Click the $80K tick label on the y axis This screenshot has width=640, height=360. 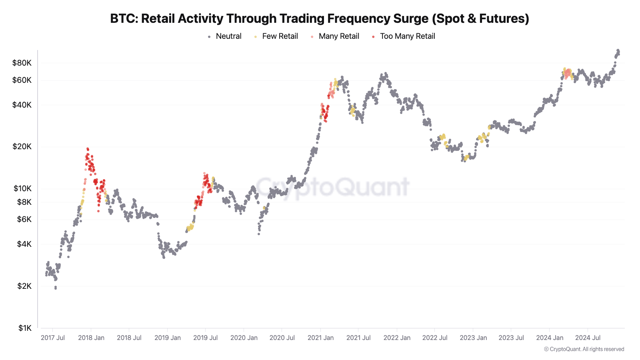coord(22,63)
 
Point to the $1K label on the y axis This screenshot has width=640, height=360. coord(25,328)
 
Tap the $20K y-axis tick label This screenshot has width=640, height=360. coord(22,146)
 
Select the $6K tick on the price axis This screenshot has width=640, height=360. coord(24,219)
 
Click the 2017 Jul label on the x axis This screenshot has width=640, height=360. coord(53,338)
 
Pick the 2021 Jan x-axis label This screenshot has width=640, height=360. coord(320,338)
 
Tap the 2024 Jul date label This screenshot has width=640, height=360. coord(588,338)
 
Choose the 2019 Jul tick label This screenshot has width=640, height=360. coord(205,338)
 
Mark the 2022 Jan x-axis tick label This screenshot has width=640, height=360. coord(397,338)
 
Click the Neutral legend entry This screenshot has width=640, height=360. coord(228,36)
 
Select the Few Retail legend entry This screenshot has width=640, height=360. coord(280,36)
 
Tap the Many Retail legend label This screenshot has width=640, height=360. coord(339,36)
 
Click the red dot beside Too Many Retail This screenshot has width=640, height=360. coord(373,37)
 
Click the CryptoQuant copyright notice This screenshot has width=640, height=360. coord(584,349)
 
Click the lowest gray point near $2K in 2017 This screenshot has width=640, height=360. coord(56,288)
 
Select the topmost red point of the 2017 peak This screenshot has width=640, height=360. coord(88,148)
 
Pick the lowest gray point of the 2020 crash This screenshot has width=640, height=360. coord(259,234)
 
